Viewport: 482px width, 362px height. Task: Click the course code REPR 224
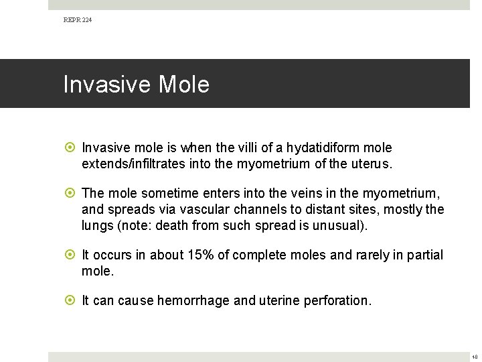coord(78,21)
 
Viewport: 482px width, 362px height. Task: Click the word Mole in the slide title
coord(184,84)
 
